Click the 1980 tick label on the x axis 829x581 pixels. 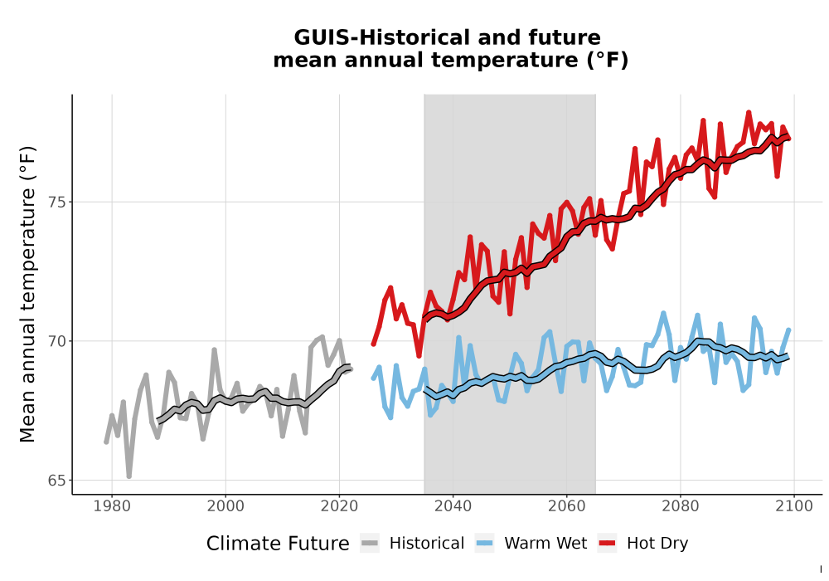coord(112,506)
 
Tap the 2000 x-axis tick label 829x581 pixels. coord(225,506)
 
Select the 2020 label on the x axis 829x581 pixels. coord(339,506)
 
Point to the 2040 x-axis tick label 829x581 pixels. coord(453,506)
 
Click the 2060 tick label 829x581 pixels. coord(567,506)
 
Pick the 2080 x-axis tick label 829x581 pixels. coord(681,506)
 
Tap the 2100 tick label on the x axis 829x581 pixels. coord(794,506)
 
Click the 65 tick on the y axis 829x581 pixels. coord(56,481)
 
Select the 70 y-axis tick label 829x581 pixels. coord(56,341)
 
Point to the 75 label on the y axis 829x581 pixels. coord(56,203)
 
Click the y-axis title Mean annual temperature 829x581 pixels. coord(27,294)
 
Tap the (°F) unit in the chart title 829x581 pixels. coord(608,61)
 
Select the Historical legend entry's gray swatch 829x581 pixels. coord(370,544)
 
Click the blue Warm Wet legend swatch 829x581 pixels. coord(484,544)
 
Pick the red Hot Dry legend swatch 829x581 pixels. coord(608,544)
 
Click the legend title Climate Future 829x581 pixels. coord(278,544)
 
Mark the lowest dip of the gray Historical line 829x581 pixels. coord(129,476)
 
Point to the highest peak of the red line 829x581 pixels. coord(749,113)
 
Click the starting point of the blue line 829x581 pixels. coord(373,378)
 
